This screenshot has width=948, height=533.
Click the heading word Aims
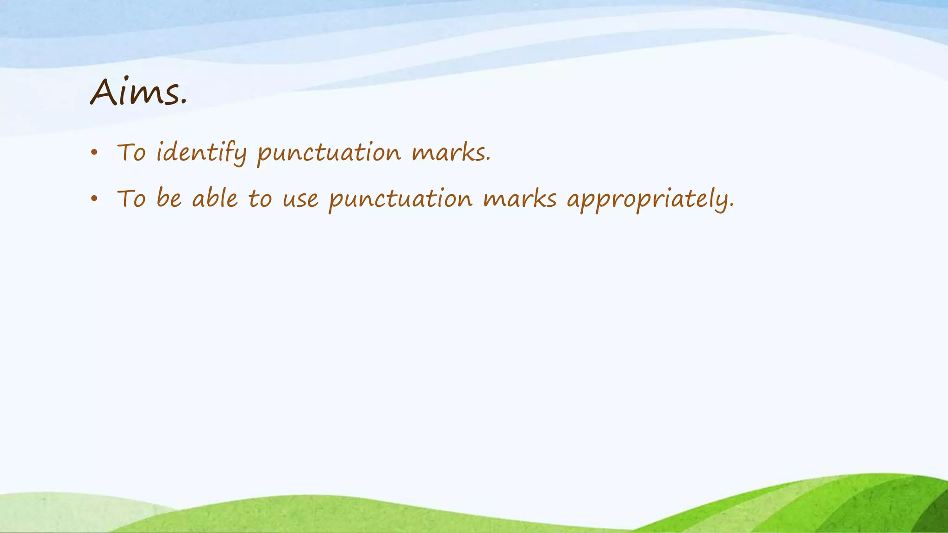[x=137, y=93]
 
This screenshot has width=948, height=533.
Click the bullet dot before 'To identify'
[x=94, y=153]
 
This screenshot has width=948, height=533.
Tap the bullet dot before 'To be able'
[x=94, y=199]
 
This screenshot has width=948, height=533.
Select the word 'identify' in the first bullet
[x=201, y=153]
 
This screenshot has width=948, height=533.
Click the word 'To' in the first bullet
[x=131, y=153]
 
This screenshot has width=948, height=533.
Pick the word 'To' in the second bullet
[x=131, y=199]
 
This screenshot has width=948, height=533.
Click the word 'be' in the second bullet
[x=169, y=199]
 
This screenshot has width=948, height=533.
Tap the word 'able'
[x=215, y=199]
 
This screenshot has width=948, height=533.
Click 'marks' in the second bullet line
[x=519, y=199]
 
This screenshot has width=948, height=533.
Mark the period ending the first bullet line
[x=488, y=161]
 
